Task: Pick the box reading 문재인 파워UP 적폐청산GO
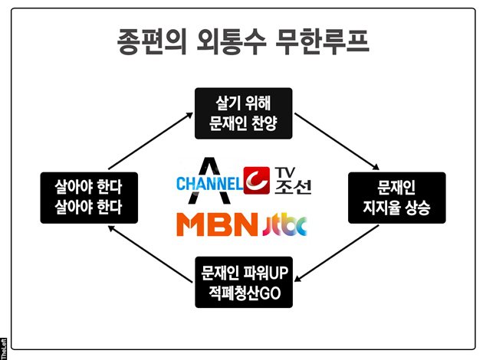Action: (x=242, y=280)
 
